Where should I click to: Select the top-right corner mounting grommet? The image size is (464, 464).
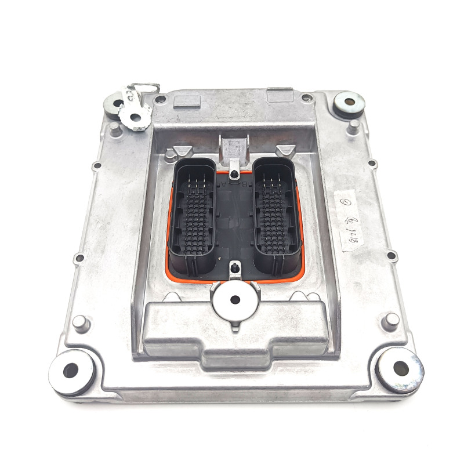tap(350, 103)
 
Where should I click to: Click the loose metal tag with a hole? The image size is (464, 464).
tap(135, 117)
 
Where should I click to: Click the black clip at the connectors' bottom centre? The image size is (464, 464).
tap(234, 268)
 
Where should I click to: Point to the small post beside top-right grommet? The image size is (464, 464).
tap(353, 125)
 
